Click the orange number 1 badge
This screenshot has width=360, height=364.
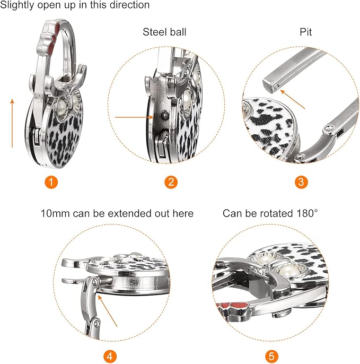[51, 182]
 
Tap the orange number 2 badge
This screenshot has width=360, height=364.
[171, 182]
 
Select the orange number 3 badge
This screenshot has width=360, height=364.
[301, 182]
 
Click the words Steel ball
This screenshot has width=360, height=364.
[164, 32]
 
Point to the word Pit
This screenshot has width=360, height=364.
[306, 32]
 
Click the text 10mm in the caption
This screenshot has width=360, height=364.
[55, 213]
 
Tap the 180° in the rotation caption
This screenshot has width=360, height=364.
[307, 213]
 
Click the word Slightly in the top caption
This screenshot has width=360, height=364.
[17, 5]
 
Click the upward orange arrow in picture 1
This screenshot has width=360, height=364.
[12, 123]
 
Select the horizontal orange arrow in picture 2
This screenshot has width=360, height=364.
[134, 117]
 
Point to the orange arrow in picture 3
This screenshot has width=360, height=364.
[293, 99]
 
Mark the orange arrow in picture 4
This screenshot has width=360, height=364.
[108, 310]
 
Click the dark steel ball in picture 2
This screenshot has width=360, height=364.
[165, 115]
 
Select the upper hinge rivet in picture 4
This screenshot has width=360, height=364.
[94, 282]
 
